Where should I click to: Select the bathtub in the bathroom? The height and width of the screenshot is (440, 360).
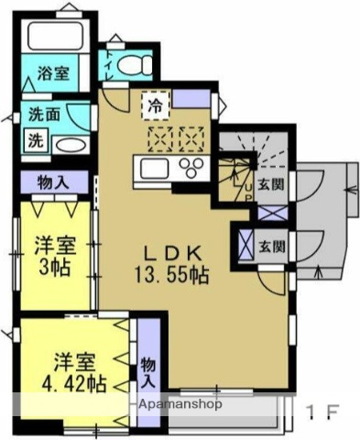57,37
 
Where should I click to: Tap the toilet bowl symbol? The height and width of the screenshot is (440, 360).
135,64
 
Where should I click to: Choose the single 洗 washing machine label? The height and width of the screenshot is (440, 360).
35,142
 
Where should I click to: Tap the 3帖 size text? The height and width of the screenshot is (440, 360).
56,268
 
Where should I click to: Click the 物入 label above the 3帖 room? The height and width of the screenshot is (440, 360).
53,181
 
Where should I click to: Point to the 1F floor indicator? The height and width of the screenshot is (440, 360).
324,411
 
